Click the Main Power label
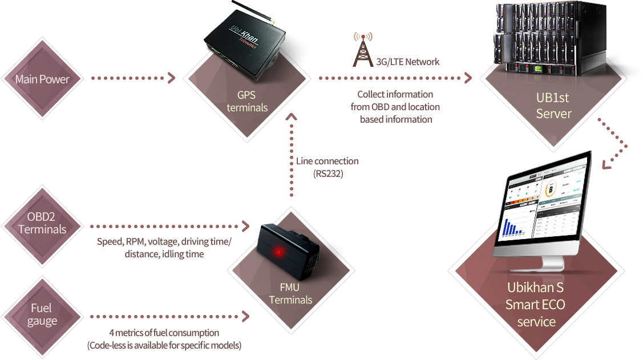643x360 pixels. pyautogui.click(x=42, y=79)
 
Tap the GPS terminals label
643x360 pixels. pyautogui.click(x=247, y=101)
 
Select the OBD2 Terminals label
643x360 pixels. pyautogui.click(x=42, y=223)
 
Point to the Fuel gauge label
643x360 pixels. pyautogui.click(x=42, y=314)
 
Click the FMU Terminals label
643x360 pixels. pyautogui.click(x=290, y=294)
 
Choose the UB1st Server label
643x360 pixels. pyautogui.click(x=553, y=106)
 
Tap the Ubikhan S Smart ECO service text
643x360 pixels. pyautogui.click(x=536, y=304)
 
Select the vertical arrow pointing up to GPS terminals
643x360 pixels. pyautogui.click(x=292, y=154)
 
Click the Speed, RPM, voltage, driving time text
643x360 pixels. pyautogui.click(x=164, y=241)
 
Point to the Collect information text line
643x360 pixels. pyautogui.click(x=395, y=94)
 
